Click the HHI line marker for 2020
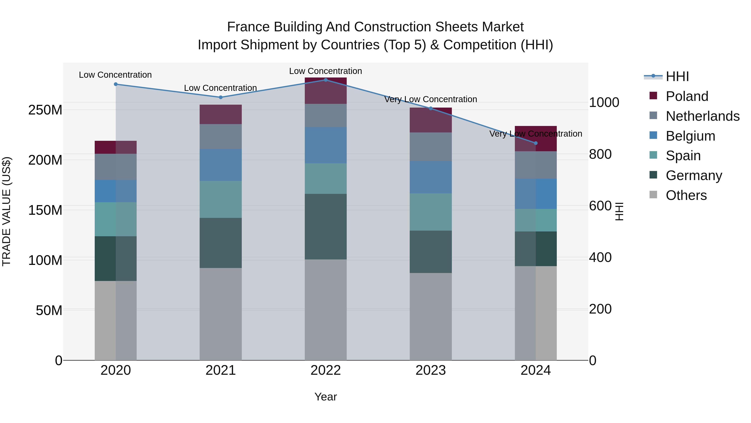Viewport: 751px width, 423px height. click(116, 84)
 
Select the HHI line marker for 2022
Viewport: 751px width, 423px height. click(326, 80)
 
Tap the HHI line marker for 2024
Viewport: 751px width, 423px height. click(536, 143)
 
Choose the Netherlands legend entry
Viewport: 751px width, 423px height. click(702, 116)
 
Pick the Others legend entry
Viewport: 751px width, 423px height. click(686, 195)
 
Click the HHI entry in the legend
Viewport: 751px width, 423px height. click(677, 76)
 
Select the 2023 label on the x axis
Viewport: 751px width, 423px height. click(431, 370)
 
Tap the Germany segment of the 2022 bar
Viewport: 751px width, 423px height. click(326, 226)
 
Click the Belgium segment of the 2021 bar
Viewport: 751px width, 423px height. click(221, 165)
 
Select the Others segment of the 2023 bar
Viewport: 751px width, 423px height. click(431, 316)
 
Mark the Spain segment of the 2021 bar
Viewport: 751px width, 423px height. click(221, 199)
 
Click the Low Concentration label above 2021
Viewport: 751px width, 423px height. click(221, 88)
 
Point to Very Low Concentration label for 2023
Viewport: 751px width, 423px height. click(431, 99)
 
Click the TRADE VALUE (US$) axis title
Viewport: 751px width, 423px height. click(6, 211)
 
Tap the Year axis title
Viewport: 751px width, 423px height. click(326, 397)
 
